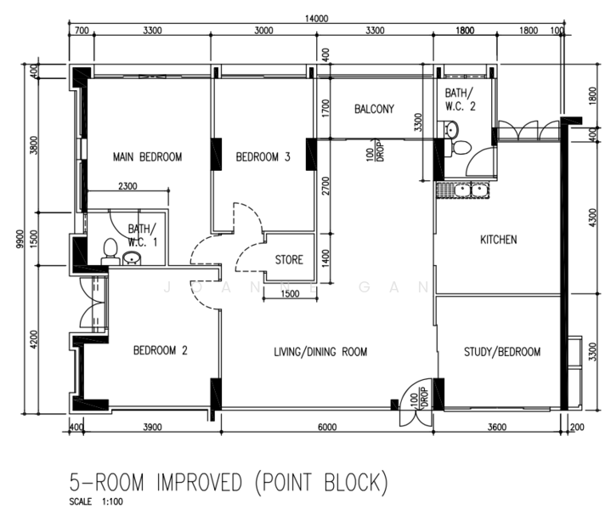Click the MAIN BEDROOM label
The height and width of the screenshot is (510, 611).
tap(147, 156)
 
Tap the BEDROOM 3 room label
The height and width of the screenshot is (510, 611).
tap(263, 156)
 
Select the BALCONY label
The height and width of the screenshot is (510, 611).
tap(374, 109)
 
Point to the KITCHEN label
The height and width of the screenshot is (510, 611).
tap(498, 239)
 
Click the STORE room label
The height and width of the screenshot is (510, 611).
tap(289, 260)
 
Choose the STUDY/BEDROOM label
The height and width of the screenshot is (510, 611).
tap(502, 352)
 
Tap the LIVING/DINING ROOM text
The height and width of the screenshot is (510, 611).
tap(320, 352)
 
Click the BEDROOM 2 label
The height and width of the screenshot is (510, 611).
tap(160, 350)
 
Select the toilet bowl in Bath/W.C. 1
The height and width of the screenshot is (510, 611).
tap(110, 251)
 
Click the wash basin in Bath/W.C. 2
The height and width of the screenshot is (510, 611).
tap(451, 129)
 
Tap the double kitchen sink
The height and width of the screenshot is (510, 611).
tap(471, 190)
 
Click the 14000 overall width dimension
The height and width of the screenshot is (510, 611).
tap(316, 18)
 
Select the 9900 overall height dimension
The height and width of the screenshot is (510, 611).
tap(20, 238)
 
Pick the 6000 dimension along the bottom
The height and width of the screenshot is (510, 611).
tap(327, 428)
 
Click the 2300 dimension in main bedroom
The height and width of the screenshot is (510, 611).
tap(127, 186)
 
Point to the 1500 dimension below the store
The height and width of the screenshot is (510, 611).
tap(290, 293)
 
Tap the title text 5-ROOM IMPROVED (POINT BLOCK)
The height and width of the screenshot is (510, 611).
tap(229, 482)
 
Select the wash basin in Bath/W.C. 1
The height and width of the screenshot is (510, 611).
tap(133, 258)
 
